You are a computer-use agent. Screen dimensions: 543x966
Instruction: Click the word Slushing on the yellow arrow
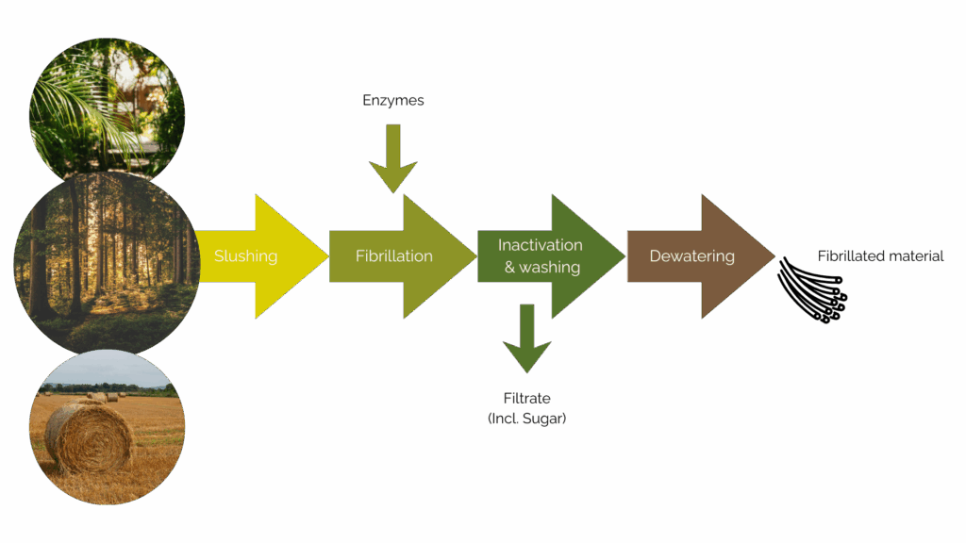point(245,256)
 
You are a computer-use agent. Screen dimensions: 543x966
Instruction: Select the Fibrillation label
point(393,256)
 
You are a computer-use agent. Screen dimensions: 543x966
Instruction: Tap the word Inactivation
point(541,245)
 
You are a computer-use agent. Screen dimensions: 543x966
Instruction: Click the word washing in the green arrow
point(550,268)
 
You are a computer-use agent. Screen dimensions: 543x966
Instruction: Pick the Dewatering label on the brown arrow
point(691,256)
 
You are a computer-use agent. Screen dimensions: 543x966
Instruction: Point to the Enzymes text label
point(393,100)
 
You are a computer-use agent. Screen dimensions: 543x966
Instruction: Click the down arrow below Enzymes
point(393,160)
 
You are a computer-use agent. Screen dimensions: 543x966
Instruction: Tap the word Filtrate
point(526,399)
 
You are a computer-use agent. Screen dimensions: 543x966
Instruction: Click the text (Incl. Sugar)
point(526,418)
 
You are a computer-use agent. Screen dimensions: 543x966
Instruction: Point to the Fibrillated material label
point(880,256)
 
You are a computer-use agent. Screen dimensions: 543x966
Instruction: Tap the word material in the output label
point(914,256)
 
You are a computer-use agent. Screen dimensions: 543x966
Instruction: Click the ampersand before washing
point(508,268)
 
